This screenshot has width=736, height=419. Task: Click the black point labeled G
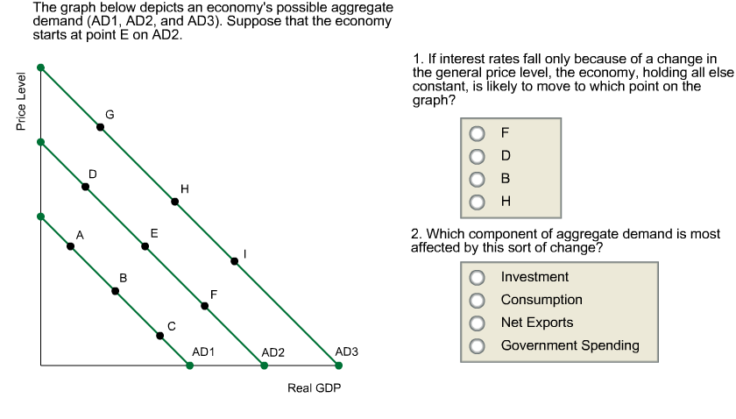[100, 127]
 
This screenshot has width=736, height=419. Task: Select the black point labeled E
[145, 246]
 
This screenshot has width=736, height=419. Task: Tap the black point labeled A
[70, 247]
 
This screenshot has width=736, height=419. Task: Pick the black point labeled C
[159, 335]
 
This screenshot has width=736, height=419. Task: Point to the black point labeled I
[234, 260]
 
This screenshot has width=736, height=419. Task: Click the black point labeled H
[174, 202]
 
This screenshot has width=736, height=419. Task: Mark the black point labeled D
[85, 187]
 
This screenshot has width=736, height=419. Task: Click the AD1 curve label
[203, 352]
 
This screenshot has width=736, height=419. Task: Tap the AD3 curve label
[347, 352]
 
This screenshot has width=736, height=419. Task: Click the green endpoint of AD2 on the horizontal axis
[265, 366]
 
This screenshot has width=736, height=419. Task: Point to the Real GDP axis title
[314, 387]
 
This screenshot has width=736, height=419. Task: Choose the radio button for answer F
[477, 134]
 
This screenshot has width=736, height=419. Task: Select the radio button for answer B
[477, 179]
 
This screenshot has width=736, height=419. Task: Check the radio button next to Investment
[477, 278]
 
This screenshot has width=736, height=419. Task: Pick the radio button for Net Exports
[477, 323]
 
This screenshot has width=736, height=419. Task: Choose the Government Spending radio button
[477, 346]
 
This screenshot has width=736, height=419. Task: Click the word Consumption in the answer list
[541, 300]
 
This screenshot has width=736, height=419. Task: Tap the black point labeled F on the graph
[205, 306]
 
